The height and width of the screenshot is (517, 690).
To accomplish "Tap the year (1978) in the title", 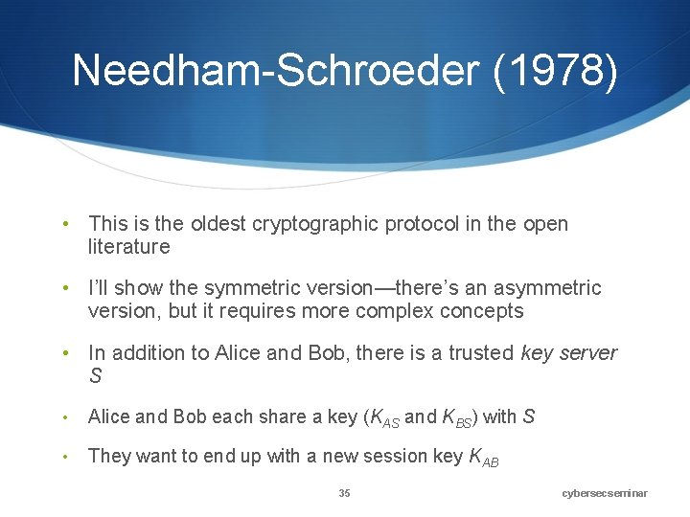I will click(x=555, y=71).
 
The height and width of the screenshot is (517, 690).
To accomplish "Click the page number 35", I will click(x=344, y=493).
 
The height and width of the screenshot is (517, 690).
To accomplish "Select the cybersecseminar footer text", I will click(x=605, y=493).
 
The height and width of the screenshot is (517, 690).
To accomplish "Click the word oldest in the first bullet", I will click(x=217, y=224).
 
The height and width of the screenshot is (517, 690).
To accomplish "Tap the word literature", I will click(x=128, y=247).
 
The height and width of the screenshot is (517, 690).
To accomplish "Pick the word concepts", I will click(x=481, y=311).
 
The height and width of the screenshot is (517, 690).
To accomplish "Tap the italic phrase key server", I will click(x=569, y=352).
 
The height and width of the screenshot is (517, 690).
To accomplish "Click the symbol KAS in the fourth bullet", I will click(x=383, y=417).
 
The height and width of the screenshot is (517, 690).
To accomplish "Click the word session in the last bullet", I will click(x=394, y=456).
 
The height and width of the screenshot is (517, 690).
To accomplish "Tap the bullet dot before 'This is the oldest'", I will click(x=64, y=225).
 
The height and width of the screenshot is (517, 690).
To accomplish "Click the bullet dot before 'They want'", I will click(x=64, y=457).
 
